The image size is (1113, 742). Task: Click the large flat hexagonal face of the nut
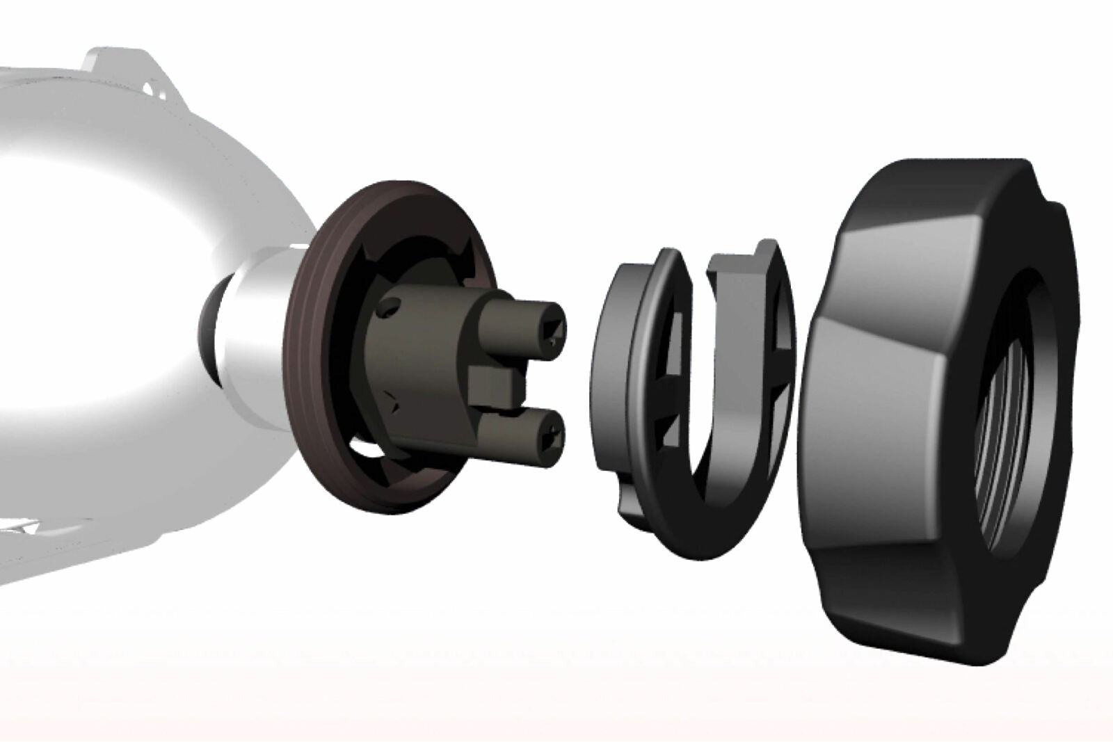click(883, 389)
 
